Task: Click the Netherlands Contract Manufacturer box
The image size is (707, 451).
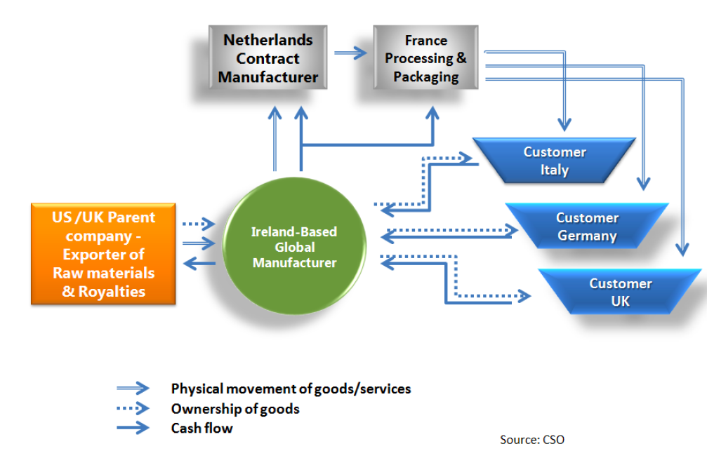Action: [x=267, y=58]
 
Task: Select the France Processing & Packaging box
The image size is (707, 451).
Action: [x=425, y=58]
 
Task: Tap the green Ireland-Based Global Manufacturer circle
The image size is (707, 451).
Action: [x=295, y=246]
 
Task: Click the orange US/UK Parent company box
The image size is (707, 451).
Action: [x=103, y=254]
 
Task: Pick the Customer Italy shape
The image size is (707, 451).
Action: [x=555, y=161]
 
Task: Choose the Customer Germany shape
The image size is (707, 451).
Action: [x=587, y=226]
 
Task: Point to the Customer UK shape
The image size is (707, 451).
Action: [x=620, y=292]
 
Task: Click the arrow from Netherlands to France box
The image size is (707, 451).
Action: [x=350, y=53]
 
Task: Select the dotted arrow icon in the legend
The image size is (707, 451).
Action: [x=133, y=408]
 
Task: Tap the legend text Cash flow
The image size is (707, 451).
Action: [x=201, y=428]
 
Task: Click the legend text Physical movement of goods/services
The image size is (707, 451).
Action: [x=291, y=389]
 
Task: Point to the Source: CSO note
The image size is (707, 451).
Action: [x=532, y=439]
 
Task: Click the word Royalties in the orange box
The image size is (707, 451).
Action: [x=112, y=292]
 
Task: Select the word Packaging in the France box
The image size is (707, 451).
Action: [x=425, y=77]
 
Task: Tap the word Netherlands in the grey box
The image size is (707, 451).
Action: [x=267, y=40]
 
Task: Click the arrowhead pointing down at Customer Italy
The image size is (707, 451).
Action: [x=564, y=124]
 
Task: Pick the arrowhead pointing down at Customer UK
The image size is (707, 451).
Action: [x=682, y=249]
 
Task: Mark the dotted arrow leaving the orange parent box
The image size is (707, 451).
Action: [x=199, y=224]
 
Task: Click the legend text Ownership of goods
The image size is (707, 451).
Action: [x=235, y=409]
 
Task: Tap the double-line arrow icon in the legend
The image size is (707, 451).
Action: [x=133, y=388]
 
